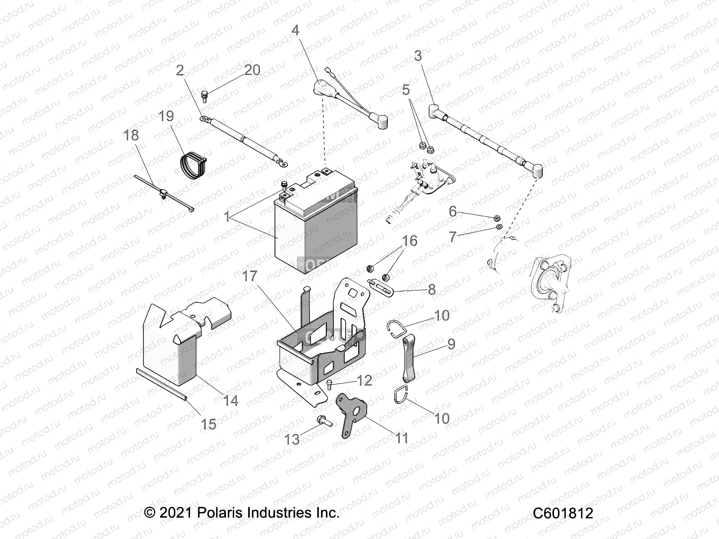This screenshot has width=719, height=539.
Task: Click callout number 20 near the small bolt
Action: tap(252, 70)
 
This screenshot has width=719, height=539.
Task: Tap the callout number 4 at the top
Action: tap(295, 31)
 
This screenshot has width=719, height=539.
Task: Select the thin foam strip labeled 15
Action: tap(162, 382)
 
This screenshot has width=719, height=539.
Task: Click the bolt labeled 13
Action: tap(322, 421)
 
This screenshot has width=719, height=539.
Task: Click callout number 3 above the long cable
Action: tap(418, 56)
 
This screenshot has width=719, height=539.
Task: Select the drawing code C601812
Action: tap(563, 513)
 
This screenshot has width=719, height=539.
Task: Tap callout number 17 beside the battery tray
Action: tap(250, 276)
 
